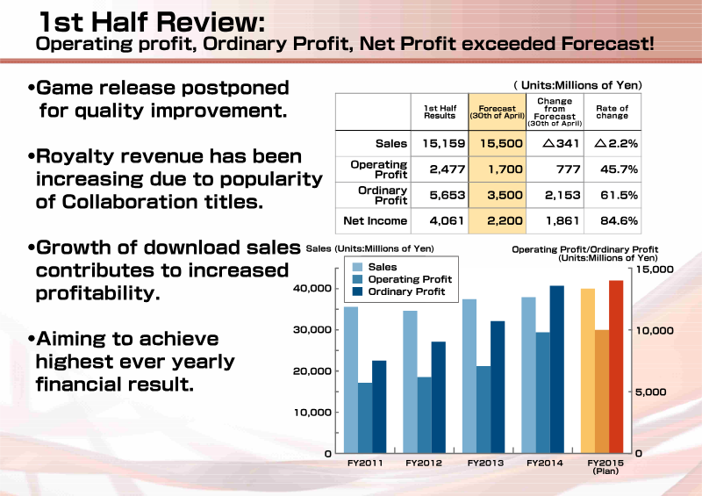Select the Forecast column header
(497, 112)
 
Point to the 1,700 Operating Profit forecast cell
(497, 169)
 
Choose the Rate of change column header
(612, 112)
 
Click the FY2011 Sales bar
(350, 380)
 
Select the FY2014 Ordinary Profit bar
(557, 370)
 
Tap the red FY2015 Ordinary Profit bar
(616, 366)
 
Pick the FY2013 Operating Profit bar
(484, 409)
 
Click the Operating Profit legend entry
(402, 279)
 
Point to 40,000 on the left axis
(312, 288)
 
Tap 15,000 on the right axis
(654, 270)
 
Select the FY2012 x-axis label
(424, 463)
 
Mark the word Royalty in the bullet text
(75, 157)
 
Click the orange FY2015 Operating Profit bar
(602, 392)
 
